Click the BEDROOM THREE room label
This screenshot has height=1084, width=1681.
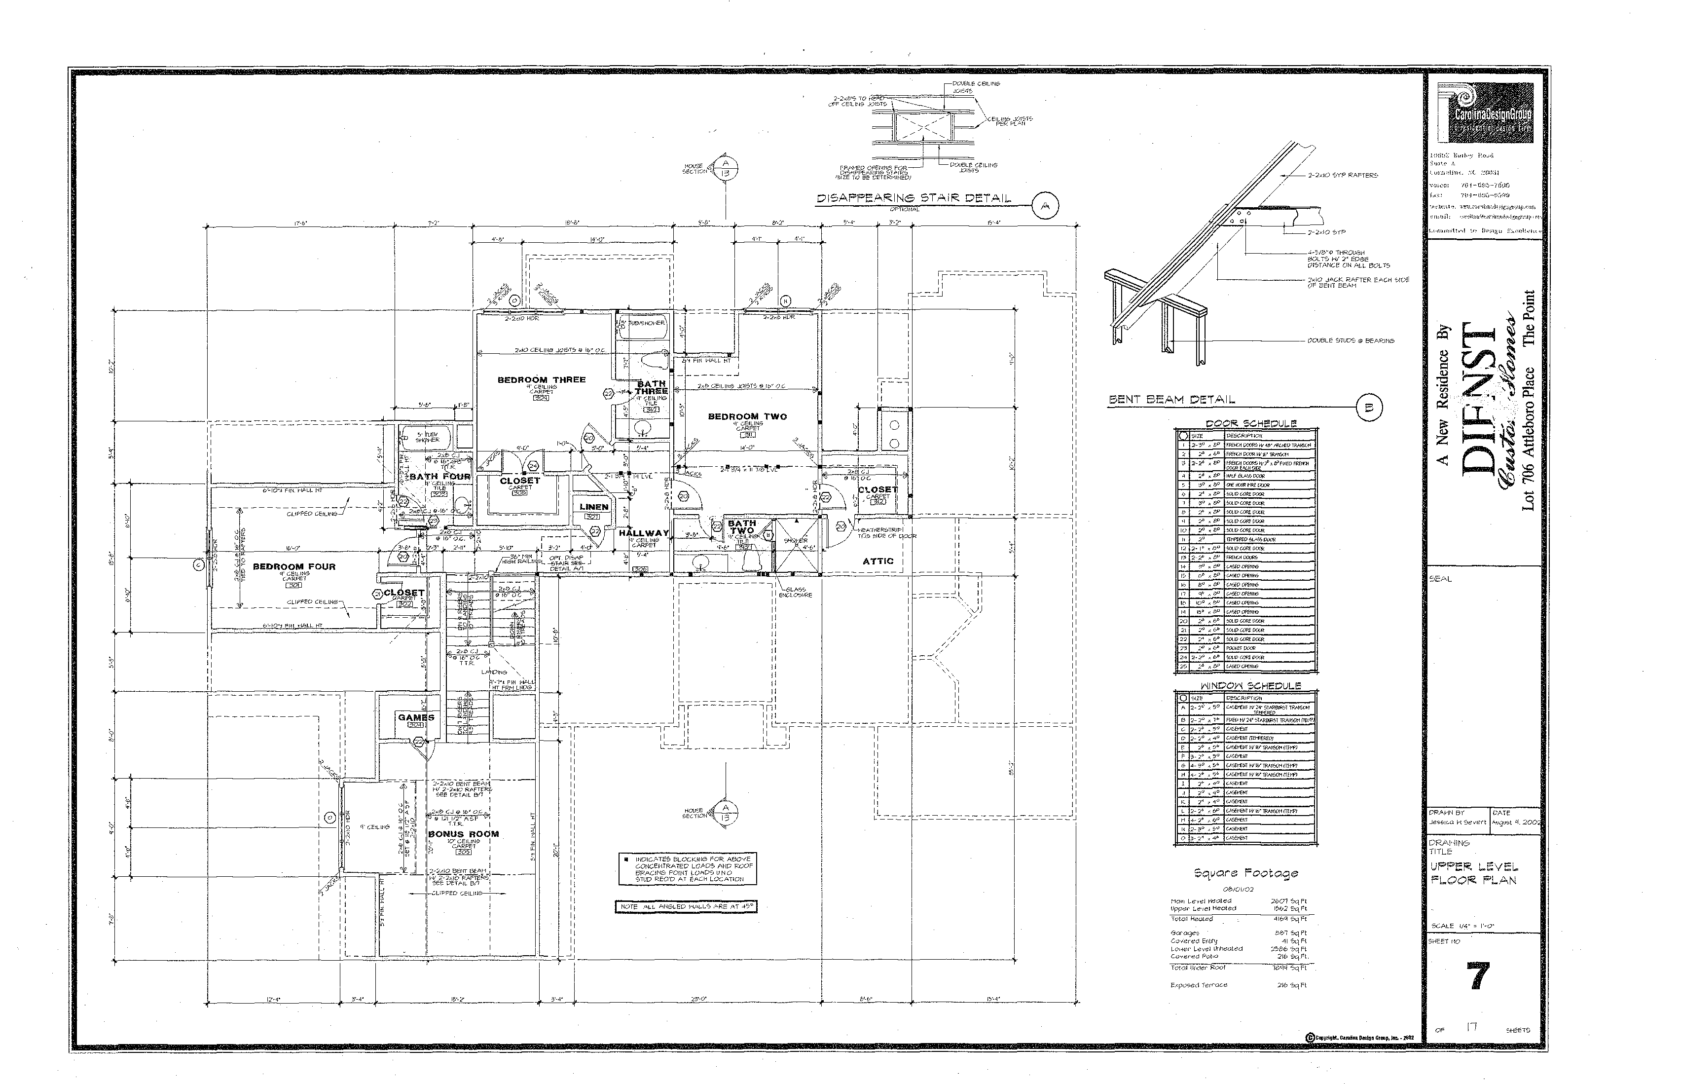[541, 380]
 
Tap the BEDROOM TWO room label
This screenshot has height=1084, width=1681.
[747, 417]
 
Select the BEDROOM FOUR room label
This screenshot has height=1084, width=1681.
[294, 566]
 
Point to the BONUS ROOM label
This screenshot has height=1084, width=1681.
[463, 834]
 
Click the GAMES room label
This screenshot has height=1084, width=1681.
[416, 718]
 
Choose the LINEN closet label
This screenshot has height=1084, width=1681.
[593, 507]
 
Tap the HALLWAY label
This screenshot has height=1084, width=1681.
[643, 533]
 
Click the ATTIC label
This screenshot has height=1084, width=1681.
[877, 561]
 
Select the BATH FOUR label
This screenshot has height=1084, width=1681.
[440, 477]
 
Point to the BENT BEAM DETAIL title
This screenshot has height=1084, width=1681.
[1171, 400]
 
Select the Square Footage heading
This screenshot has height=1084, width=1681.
[1245, 873]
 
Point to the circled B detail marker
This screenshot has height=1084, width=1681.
[1369, 407]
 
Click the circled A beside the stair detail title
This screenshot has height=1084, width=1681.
[1045, 206]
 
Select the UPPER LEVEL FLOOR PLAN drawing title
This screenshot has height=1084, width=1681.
[1473, 873]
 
